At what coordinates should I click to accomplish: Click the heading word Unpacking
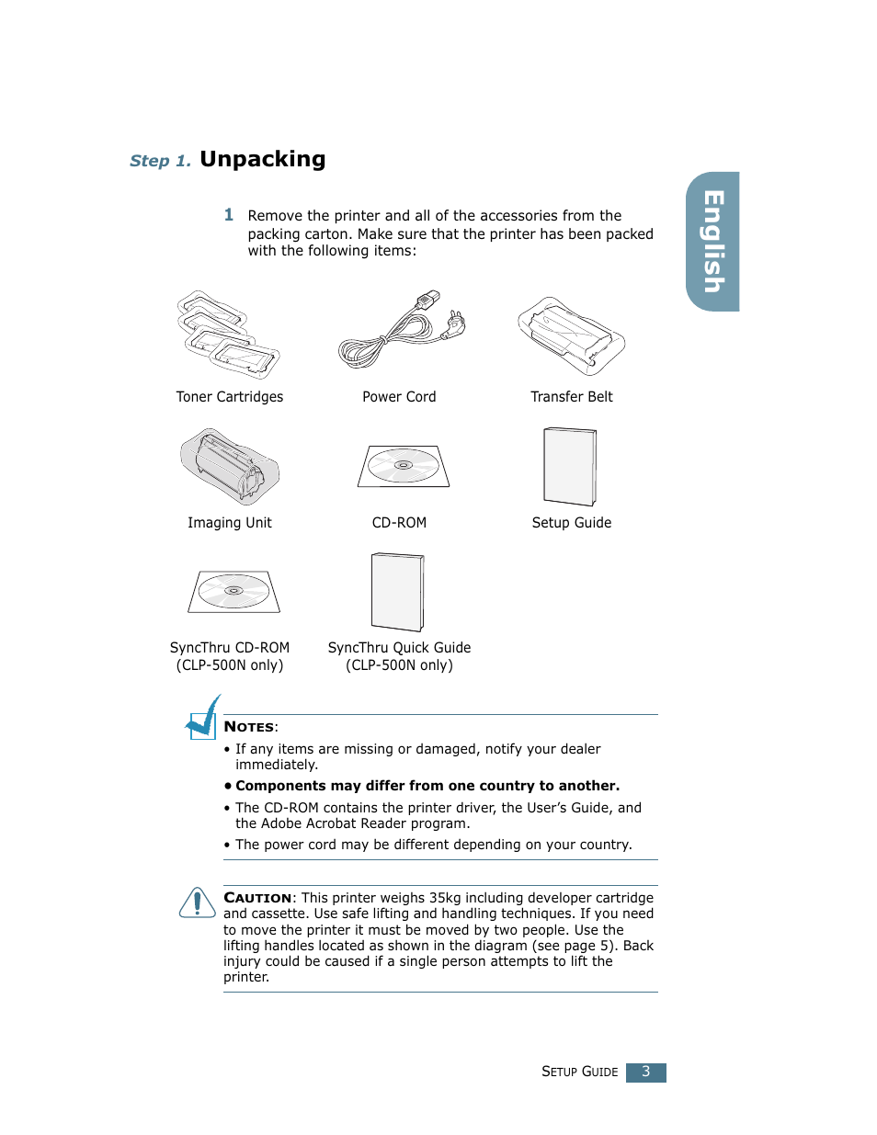(262, 159)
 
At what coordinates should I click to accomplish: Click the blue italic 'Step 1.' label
(160, 161)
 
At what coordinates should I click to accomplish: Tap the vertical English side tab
(713, 242)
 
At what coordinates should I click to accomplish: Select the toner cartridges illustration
(227, 335)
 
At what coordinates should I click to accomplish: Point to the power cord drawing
(401, 330)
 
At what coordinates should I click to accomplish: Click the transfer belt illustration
(571, 335)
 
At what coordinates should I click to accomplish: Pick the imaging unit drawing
(230, 466)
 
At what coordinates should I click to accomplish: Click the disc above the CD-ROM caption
(404, 466)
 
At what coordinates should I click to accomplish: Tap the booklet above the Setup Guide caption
(570, 466)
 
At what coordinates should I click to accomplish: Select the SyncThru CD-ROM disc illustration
(233, 591)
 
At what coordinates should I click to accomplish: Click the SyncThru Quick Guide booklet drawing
(397, 592)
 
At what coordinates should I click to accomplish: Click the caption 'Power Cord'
(399, 397)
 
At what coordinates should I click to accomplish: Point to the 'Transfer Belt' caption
(571, 397)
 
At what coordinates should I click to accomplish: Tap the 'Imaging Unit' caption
(230, 523)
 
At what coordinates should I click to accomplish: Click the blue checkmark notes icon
(202, 719)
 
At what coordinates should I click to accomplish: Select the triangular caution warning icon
(197, 902)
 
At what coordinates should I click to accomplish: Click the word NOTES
(249, 727)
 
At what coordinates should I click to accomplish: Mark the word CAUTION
(257, 898)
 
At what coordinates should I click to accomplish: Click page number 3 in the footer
(645, 1073)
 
